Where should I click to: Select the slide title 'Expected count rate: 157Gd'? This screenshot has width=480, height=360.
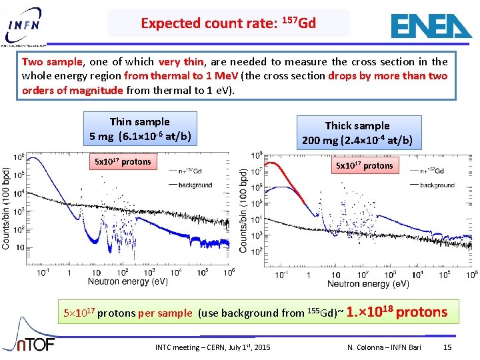click(x=228, y=23)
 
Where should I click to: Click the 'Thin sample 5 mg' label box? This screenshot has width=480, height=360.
click(x=140, y=129)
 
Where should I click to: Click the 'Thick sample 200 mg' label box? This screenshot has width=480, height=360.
click(x=357, y=133)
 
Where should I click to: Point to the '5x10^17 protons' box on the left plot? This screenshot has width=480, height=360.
click(x=123, y=162)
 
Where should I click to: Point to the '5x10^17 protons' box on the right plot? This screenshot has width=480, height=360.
click(x=364, y=165)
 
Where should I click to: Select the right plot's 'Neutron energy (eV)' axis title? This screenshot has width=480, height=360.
click(x=368, y=284)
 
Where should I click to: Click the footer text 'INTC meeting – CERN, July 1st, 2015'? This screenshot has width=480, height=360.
click(x=213, y=347)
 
